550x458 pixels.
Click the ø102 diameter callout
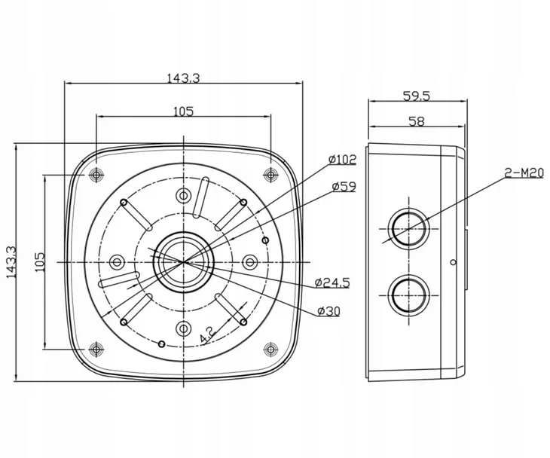[x=342, y=160]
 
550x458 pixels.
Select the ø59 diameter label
[x=344, y=187]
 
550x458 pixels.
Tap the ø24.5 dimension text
[x=332, y=282]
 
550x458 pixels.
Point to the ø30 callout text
[x=328, y=311]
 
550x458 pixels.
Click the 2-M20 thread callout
[x=524, y=173]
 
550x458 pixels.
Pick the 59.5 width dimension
[x=417, y=96]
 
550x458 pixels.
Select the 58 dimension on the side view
[x=417, y=121]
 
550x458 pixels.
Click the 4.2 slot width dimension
[x=206, y=335]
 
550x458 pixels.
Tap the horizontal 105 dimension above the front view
[x=183, y=111]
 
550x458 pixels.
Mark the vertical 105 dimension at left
[x=40, y=262]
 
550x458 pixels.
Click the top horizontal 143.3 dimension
[x=183, y=78]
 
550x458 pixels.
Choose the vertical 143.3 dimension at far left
[x=12, y=262]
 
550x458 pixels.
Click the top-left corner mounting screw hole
[x=96, y=174]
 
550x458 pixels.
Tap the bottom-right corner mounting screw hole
[x=270, y=349]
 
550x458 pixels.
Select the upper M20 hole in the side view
[x=409, y=229]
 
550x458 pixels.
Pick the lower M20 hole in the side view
[x=409, y=295]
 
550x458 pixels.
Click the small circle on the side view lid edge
[x=453, y=262]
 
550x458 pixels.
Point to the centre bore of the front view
[x=183, y=262]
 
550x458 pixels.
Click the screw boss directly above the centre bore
[x=183, y=195]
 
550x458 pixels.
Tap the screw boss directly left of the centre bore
[x=117, y=262]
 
